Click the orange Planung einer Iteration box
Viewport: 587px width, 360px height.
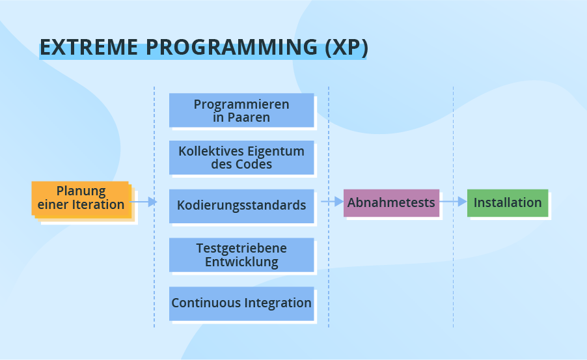click(81, 198)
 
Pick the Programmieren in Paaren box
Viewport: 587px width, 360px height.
click(241, 110)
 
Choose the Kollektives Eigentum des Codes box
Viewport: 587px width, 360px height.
click(241, 158)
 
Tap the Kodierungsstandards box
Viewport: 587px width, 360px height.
click(241, 206)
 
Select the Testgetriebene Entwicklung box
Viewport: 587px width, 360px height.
click(241, 255)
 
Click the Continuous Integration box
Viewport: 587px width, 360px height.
click(241, 303)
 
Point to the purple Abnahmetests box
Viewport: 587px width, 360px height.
click(391, 202)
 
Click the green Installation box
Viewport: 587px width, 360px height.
click(508, 202)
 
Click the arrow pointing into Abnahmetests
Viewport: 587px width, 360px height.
click(332, 202)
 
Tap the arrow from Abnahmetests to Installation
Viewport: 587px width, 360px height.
click(453, 202)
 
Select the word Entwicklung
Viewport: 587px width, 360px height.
click(241, 262)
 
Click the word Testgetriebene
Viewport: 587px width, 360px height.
click(241, 248)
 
